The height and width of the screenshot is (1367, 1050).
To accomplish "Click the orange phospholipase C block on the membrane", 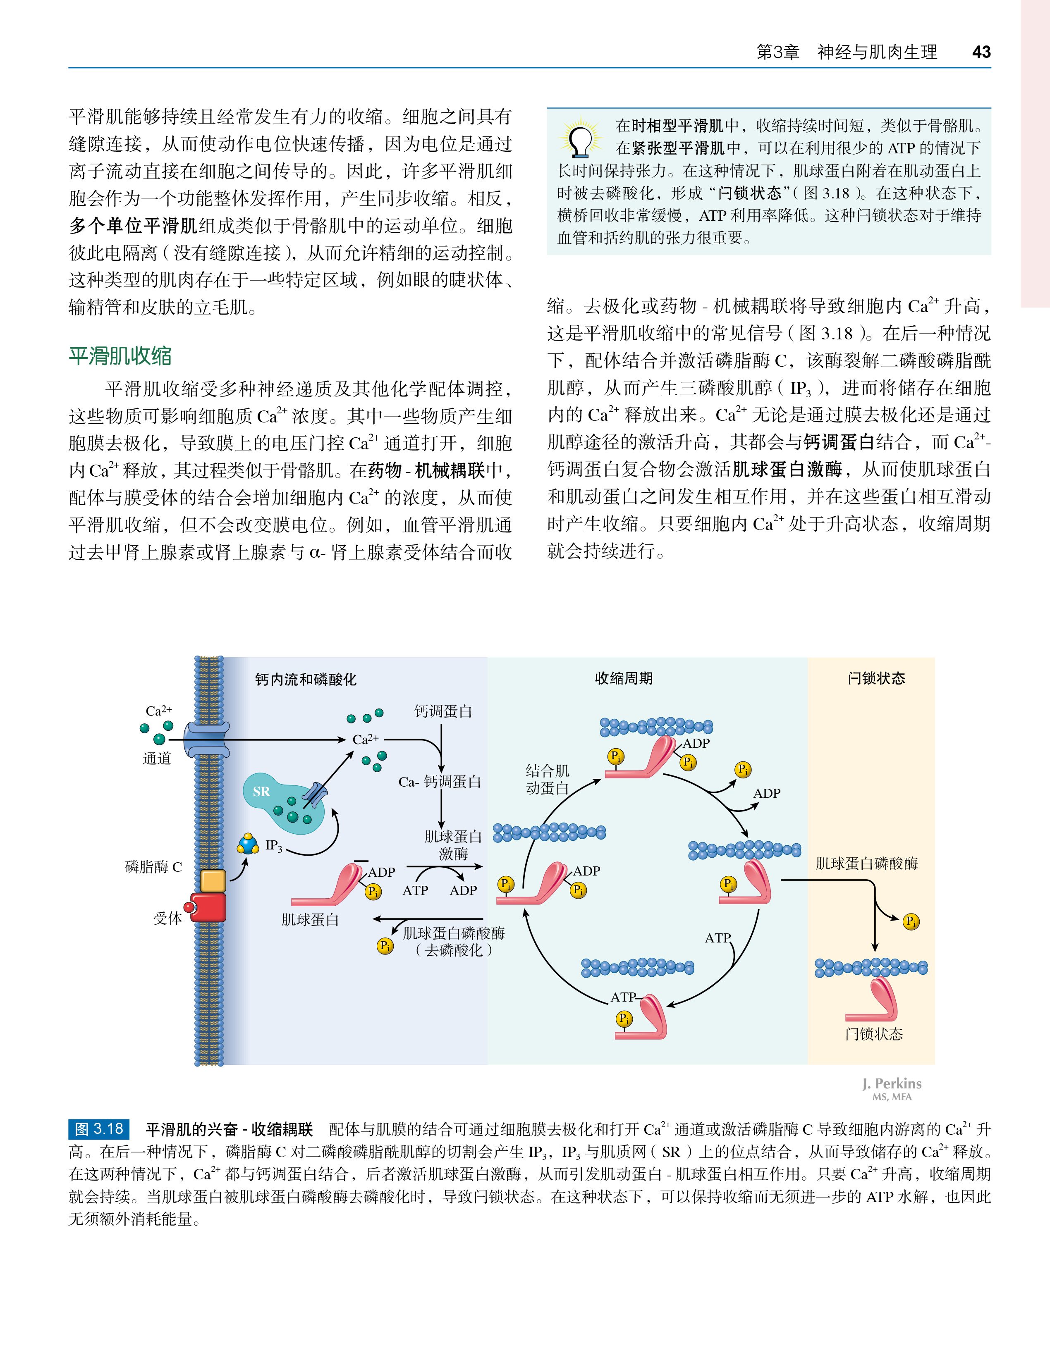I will [x=213, y=880].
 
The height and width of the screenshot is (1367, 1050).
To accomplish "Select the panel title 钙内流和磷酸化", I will [x=306, y=679].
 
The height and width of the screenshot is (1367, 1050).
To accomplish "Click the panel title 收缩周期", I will [x=624, y=678].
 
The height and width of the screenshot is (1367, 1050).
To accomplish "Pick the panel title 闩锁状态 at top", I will [x=876, y=678].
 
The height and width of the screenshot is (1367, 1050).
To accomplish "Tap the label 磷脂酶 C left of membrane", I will [x=154, y=866].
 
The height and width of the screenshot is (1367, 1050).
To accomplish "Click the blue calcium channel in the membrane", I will [x=207, y=740].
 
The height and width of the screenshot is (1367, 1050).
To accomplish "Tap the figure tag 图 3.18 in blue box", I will [x=99, y=1128].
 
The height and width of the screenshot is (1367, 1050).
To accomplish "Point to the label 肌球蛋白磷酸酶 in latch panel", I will [x=866, y=864].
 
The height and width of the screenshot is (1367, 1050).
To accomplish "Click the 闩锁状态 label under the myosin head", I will [x=874, y=1034].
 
